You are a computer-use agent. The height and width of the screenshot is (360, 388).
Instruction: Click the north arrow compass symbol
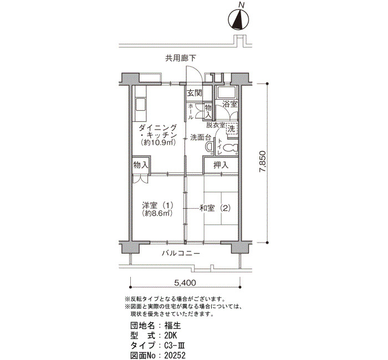[238, 20]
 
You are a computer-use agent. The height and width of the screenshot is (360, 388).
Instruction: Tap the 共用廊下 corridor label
[181, 58]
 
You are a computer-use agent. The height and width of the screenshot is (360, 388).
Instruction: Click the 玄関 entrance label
[195, 93]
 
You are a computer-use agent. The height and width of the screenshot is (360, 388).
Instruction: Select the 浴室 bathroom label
[230, 104]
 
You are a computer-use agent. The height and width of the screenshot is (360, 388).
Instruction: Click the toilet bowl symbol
[230, 148]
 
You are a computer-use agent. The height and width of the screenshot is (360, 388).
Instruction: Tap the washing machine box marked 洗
[232, 128]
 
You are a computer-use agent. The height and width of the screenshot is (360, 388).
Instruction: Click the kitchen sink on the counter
[141, 105]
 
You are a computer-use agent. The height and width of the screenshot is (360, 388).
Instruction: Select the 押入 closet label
[221, 165]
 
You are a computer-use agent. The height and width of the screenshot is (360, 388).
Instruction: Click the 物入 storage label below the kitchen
[141, 164]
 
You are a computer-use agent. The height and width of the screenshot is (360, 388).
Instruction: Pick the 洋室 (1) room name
[157, 205]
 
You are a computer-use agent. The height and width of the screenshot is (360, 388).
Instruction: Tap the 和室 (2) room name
[215, 208]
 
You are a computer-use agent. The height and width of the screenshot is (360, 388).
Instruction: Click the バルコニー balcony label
[181, 254]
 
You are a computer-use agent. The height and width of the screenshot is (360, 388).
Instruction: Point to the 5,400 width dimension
[185, 282]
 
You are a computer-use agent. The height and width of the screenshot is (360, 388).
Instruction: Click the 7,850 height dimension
[263, 162]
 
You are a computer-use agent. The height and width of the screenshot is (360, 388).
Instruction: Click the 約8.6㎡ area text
[157, 213]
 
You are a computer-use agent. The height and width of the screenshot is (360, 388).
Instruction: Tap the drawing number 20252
[175, 356]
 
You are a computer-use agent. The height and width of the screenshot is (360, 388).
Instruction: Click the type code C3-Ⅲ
[175, 346]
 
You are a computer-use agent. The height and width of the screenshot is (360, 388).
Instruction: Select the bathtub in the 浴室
[226, 93]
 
